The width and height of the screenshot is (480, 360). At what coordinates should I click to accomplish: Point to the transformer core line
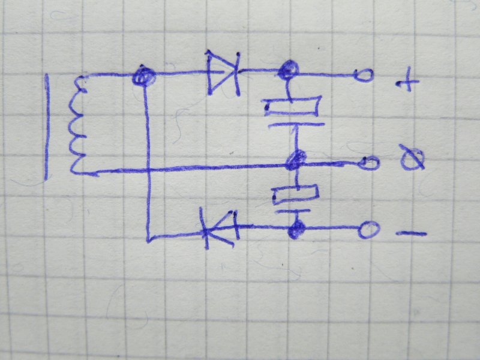click(47, 127)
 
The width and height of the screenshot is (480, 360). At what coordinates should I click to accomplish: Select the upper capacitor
click(292, 115)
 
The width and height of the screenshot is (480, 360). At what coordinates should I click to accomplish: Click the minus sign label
click(411, 233)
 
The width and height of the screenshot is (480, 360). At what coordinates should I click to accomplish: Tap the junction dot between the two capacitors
click(296, 161)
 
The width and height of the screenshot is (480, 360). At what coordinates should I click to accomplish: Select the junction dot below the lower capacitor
click(294, 230)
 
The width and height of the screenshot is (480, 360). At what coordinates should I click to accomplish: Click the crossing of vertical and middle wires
click(148, 170)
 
